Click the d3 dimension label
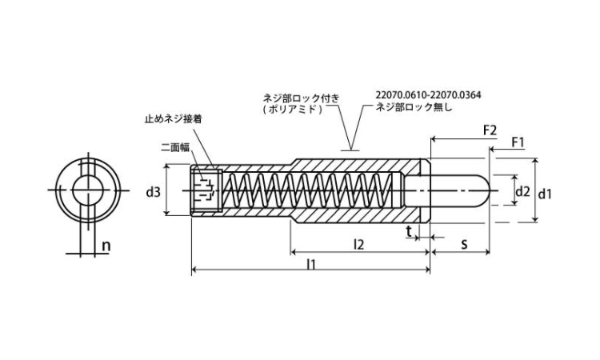click(x=154, y=192)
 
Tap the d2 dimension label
click(x=522, y=191)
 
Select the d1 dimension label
click(x=545, y=194)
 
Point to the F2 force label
click(x=490, y=130)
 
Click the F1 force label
click(x=518, y=142)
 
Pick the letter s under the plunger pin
click(x=464, y=244)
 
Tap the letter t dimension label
click(x=409, y=231)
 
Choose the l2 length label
click(x=358, y=244)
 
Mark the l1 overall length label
click(x=311, y=264)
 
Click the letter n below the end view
click(x=106, y=246)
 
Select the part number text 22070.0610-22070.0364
click(x=428, y=95)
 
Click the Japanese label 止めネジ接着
click(x=173, y=119)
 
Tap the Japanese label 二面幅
click(x=175, y=147)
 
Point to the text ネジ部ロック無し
click(x=414, y=107)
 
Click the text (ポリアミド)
click(x=292, y=109)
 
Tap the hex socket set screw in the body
click(x=206, y=190)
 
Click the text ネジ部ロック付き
click(x=301, y=98)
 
